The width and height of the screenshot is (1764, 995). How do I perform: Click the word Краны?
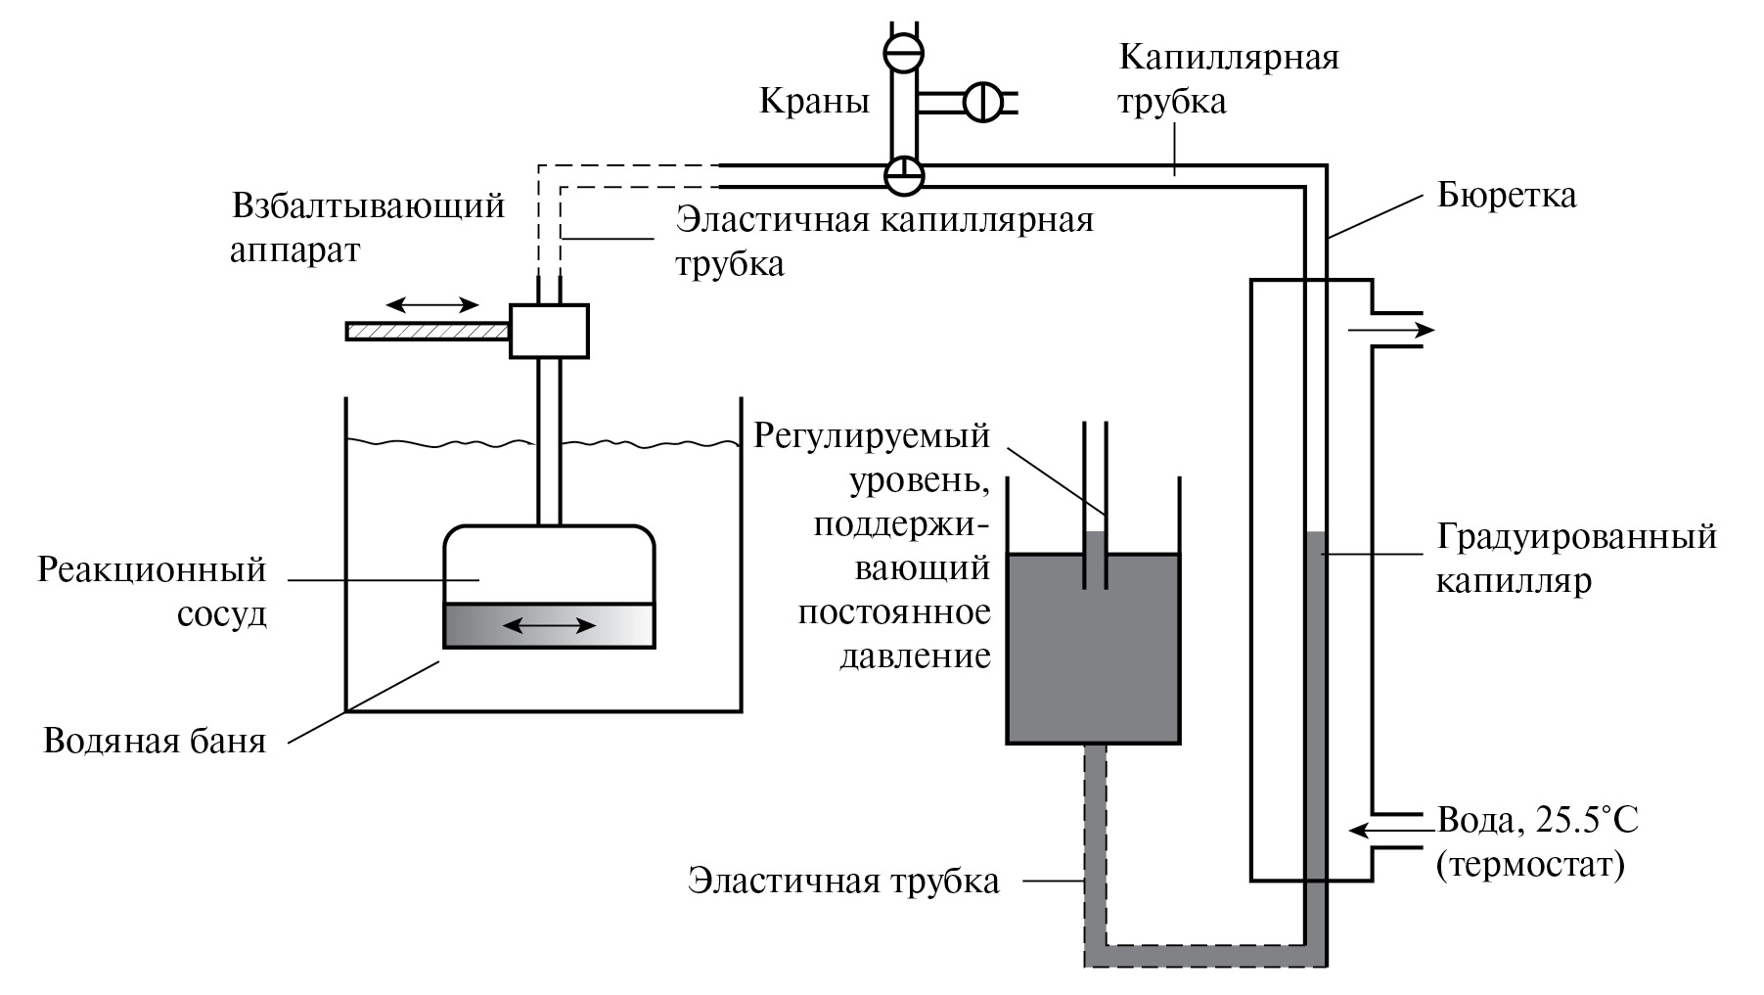tap(814, 101)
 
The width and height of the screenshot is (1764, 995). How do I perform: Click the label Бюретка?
tap(1506, 196)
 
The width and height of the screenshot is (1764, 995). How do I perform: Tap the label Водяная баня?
tap(155, 741)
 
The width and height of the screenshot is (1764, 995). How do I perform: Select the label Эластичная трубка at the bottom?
tap(843, 881)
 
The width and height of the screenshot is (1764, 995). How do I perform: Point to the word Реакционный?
tap(152, 569)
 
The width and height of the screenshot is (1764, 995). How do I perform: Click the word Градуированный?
tap(1576, 537)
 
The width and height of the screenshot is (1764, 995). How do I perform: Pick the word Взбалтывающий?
tap(368, 206)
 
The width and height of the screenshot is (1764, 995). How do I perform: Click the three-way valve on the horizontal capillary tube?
tap(903, 174)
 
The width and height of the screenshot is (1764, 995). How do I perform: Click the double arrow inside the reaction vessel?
tap(555, 625)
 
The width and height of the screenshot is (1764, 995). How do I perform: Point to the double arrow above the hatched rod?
tap(430, 303)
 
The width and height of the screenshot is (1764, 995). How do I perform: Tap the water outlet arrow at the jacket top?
tap(1390, 331)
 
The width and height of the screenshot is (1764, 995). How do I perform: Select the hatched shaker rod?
tap(428, 332)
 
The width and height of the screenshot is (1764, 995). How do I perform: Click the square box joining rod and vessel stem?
tap(549, 331)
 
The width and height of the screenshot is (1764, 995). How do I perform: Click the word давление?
tap(915, 656)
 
